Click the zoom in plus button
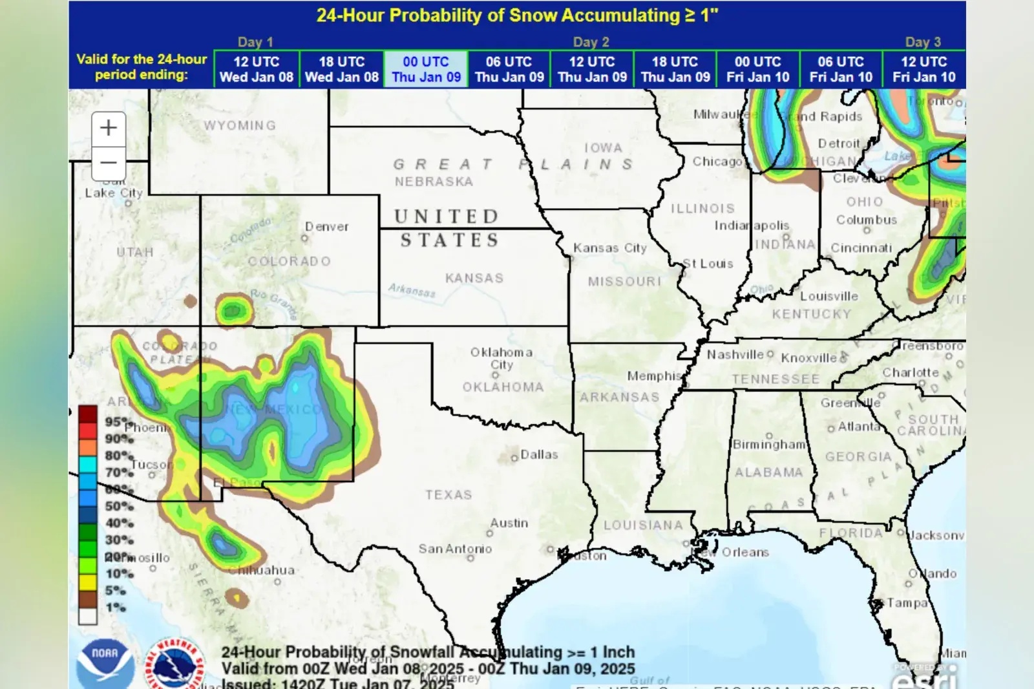click(x=109, y=128)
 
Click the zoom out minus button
click(x=109, y=163)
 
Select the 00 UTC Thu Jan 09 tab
click(x=426, y=69)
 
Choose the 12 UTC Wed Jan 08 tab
click(x=257, y=69)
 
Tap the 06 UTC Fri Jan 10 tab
click(x=841, y=69)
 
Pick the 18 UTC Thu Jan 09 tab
click(x=675, y=69)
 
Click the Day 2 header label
click(x=591, y=42)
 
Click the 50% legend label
click(x=119, y=506)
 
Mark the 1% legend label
click(x=116, y=607)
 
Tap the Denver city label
click(x=327, y=227)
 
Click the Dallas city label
click(x=538, y=455)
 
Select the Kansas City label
click(x=609, y=248)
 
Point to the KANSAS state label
click(x=474, y=278)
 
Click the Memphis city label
click(x=654, y=376)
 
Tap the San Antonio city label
click(x=455, y=549)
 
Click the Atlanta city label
click(x=859, y=427)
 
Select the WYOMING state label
click(x=240, y=125)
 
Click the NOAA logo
click(x=105, y=662)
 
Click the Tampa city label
click(x=907, y=603)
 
